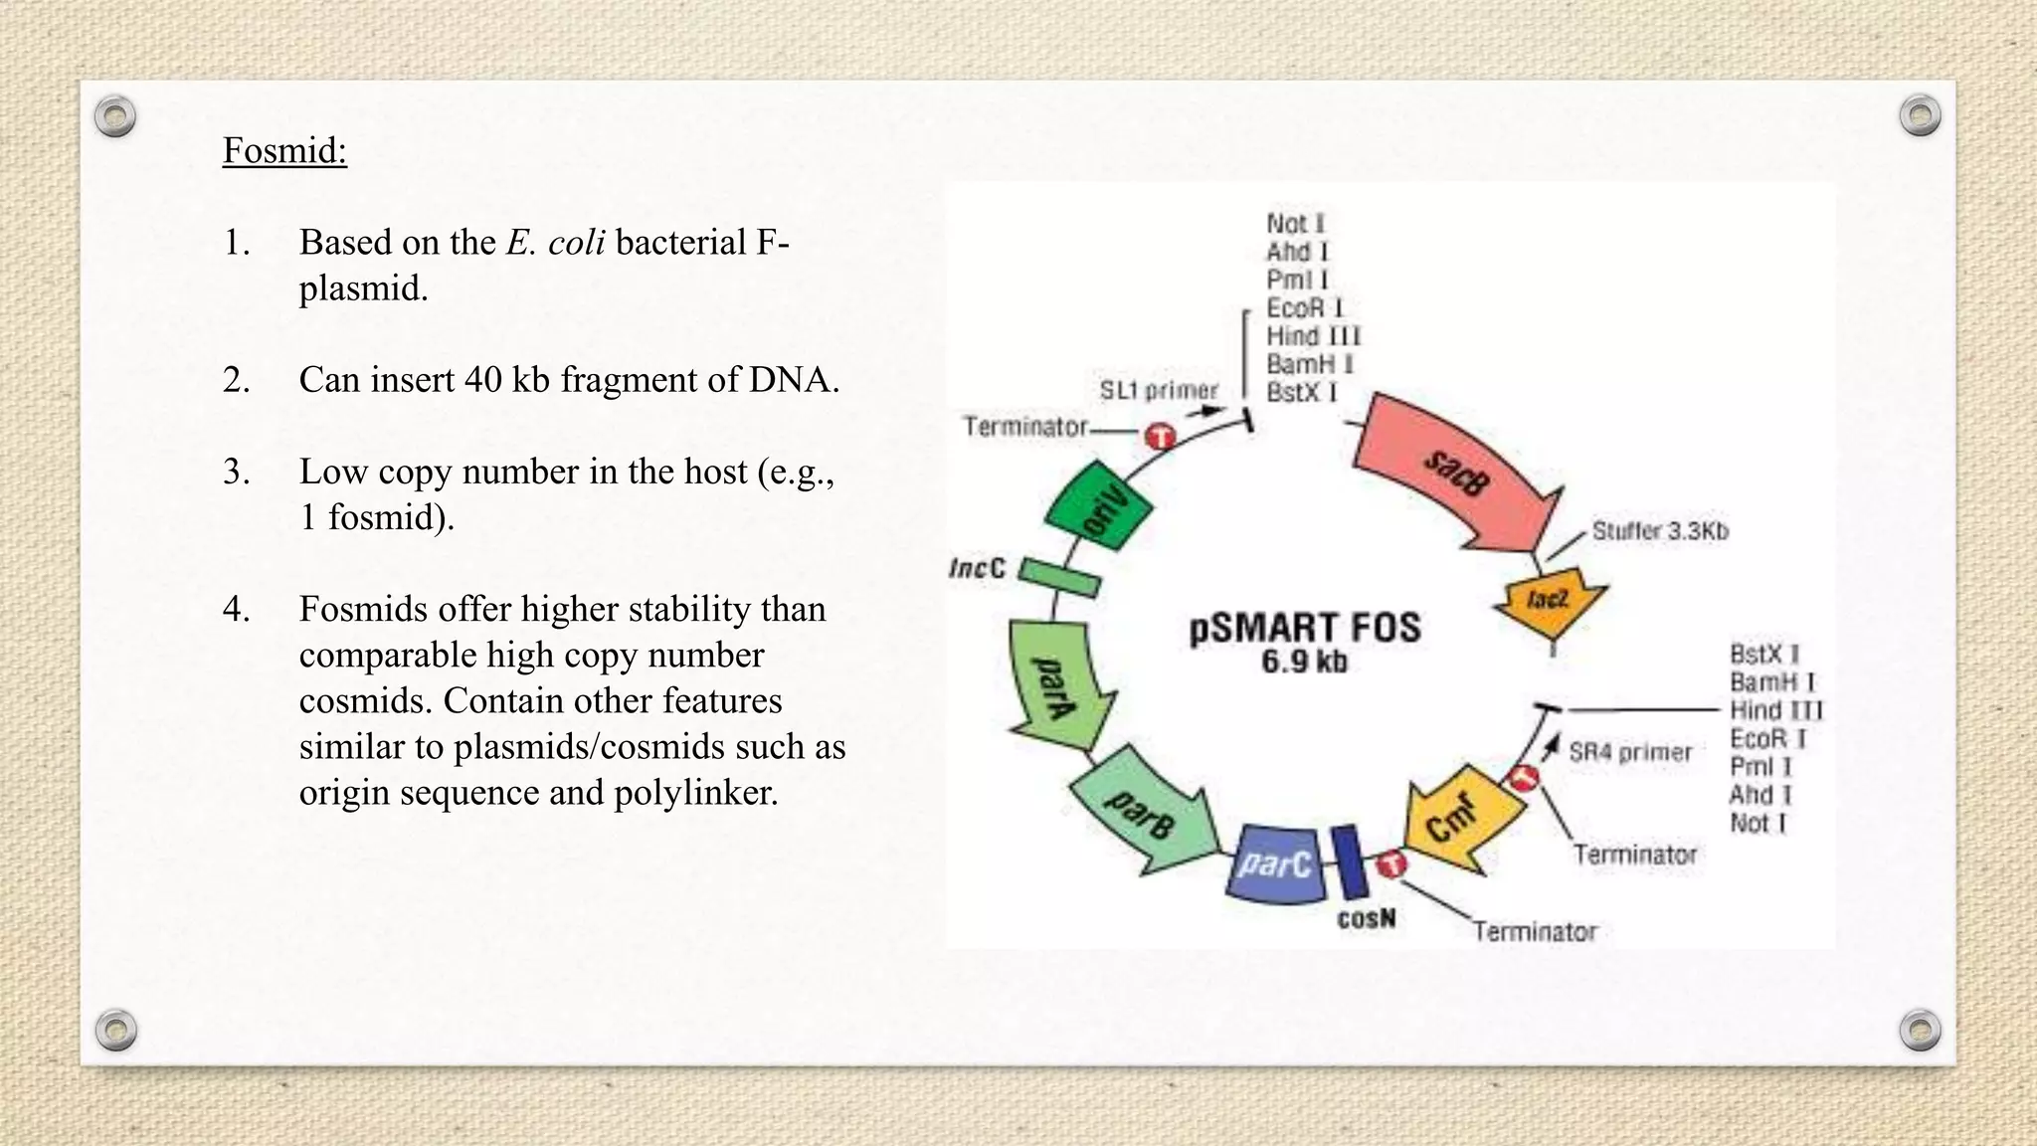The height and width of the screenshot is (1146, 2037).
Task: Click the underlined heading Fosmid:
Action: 284,151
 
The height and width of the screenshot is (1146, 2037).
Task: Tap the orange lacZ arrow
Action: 1550,601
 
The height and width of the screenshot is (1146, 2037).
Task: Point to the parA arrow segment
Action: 1056,684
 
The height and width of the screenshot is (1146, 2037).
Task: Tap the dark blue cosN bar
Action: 1349,861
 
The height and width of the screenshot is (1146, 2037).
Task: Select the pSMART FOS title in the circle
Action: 1305,628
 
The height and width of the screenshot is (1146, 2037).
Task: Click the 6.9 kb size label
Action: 1304,662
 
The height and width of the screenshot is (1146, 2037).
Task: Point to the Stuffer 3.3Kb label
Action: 1660,531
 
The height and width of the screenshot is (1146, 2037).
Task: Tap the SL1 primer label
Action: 1158,390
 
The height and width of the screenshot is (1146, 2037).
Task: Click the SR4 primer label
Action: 1629,752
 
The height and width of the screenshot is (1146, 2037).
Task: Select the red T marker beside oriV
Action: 1160,436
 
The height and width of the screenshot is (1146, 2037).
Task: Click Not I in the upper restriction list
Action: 1295,224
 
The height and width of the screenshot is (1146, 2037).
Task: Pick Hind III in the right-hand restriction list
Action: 1775,710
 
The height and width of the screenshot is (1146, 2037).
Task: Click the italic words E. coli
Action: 555,243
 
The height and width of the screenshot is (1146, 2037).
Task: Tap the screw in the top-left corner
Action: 115,117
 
